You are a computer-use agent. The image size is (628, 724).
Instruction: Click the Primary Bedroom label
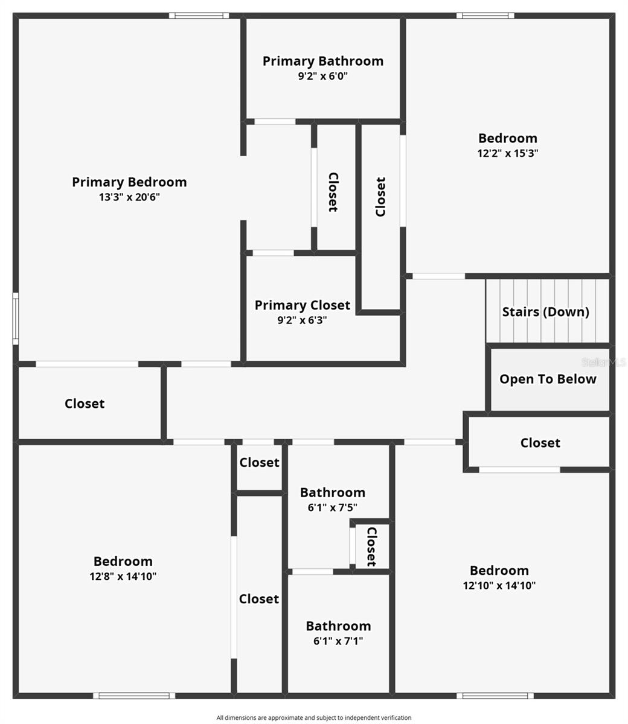[x=129, y=182]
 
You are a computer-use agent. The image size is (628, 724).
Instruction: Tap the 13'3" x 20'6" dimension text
[x=129, y=197]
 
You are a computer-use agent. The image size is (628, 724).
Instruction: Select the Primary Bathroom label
[x=323, y=61]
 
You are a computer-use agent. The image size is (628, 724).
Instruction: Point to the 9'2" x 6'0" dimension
[x=323, y=76]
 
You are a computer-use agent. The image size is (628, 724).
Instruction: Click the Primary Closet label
[x=302, y=305]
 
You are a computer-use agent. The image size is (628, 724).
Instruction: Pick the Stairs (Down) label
[x=546, y=312]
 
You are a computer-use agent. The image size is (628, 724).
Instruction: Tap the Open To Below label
[x=548, y=379]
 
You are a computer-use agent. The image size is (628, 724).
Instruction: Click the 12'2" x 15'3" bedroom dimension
[x=508, y=153]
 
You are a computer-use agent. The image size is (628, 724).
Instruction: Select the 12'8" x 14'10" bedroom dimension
[x=123, y=576]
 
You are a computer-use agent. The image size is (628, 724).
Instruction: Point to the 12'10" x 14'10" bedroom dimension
[x=499, y=585]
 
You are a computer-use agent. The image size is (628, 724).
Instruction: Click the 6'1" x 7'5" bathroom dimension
[x=333, y=507]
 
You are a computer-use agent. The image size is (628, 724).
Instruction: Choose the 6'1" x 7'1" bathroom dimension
[x=338, y=641]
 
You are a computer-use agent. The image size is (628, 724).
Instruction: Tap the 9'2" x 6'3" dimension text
[x=302, y=320]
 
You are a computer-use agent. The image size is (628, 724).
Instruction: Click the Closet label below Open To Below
[x=540, y=443]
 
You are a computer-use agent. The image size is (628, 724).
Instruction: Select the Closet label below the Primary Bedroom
[x=85, y=404]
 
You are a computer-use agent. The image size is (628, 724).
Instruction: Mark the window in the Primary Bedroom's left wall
[x=16, y=319]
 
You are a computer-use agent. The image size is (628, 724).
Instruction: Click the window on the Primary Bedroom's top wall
[x=199, y=16]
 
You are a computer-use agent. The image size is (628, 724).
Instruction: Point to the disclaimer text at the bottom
[x=314, y=717]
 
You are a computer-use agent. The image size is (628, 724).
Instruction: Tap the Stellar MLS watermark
[x=604, y=363]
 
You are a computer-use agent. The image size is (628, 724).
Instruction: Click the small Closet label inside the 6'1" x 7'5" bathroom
[x=371, y=547]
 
